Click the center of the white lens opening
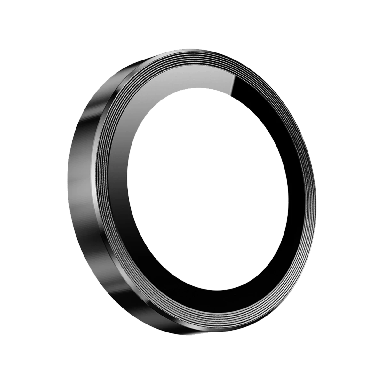coord(208,186)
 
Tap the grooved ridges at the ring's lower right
coord(288,275)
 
